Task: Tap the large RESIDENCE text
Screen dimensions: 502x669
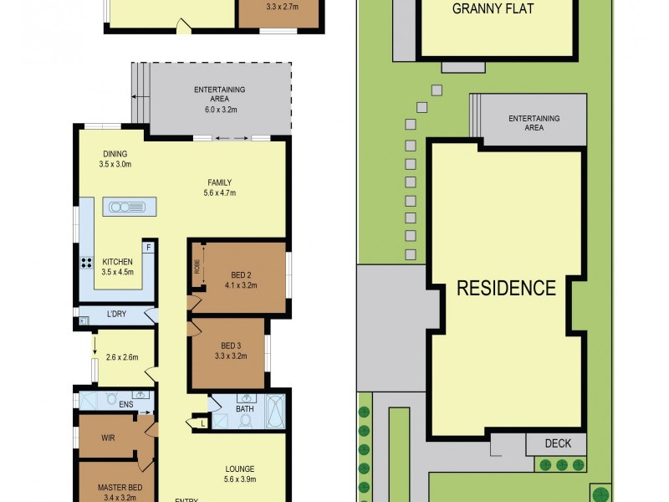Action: point(506,289)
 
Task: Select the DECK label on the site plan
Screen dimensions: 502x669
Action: point(556,444)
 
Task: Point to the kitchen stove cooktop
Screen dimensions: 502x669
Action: point(86,263)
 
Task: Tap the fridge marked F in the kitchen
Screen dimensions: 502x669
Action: point(148,248)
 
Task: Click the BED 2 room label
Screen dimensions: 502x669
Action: point(240,275)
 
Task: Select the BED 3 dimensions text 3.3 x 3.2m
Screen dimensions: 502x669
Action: point(232,356)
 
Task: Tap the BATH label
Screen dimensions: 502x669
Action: point(245,408)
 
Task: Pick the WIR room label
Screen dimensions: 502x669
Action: point(107,438)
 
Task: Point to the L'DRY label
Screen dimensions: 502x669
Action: point(117,315)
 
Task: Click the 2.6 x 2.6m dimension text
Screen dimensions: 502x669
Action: point(121,358)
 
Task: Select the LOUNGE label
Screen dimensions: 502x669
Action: point(239,469)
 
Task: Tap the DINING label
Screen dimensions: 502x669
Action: point(115,154)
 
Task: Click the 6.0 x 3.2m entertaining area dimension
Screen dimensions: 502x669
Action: point(220,109)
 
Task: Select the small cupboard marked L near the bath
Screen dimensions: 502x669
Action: point(202,424)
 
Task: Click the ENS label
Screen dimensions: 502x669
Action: point(125,405)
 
